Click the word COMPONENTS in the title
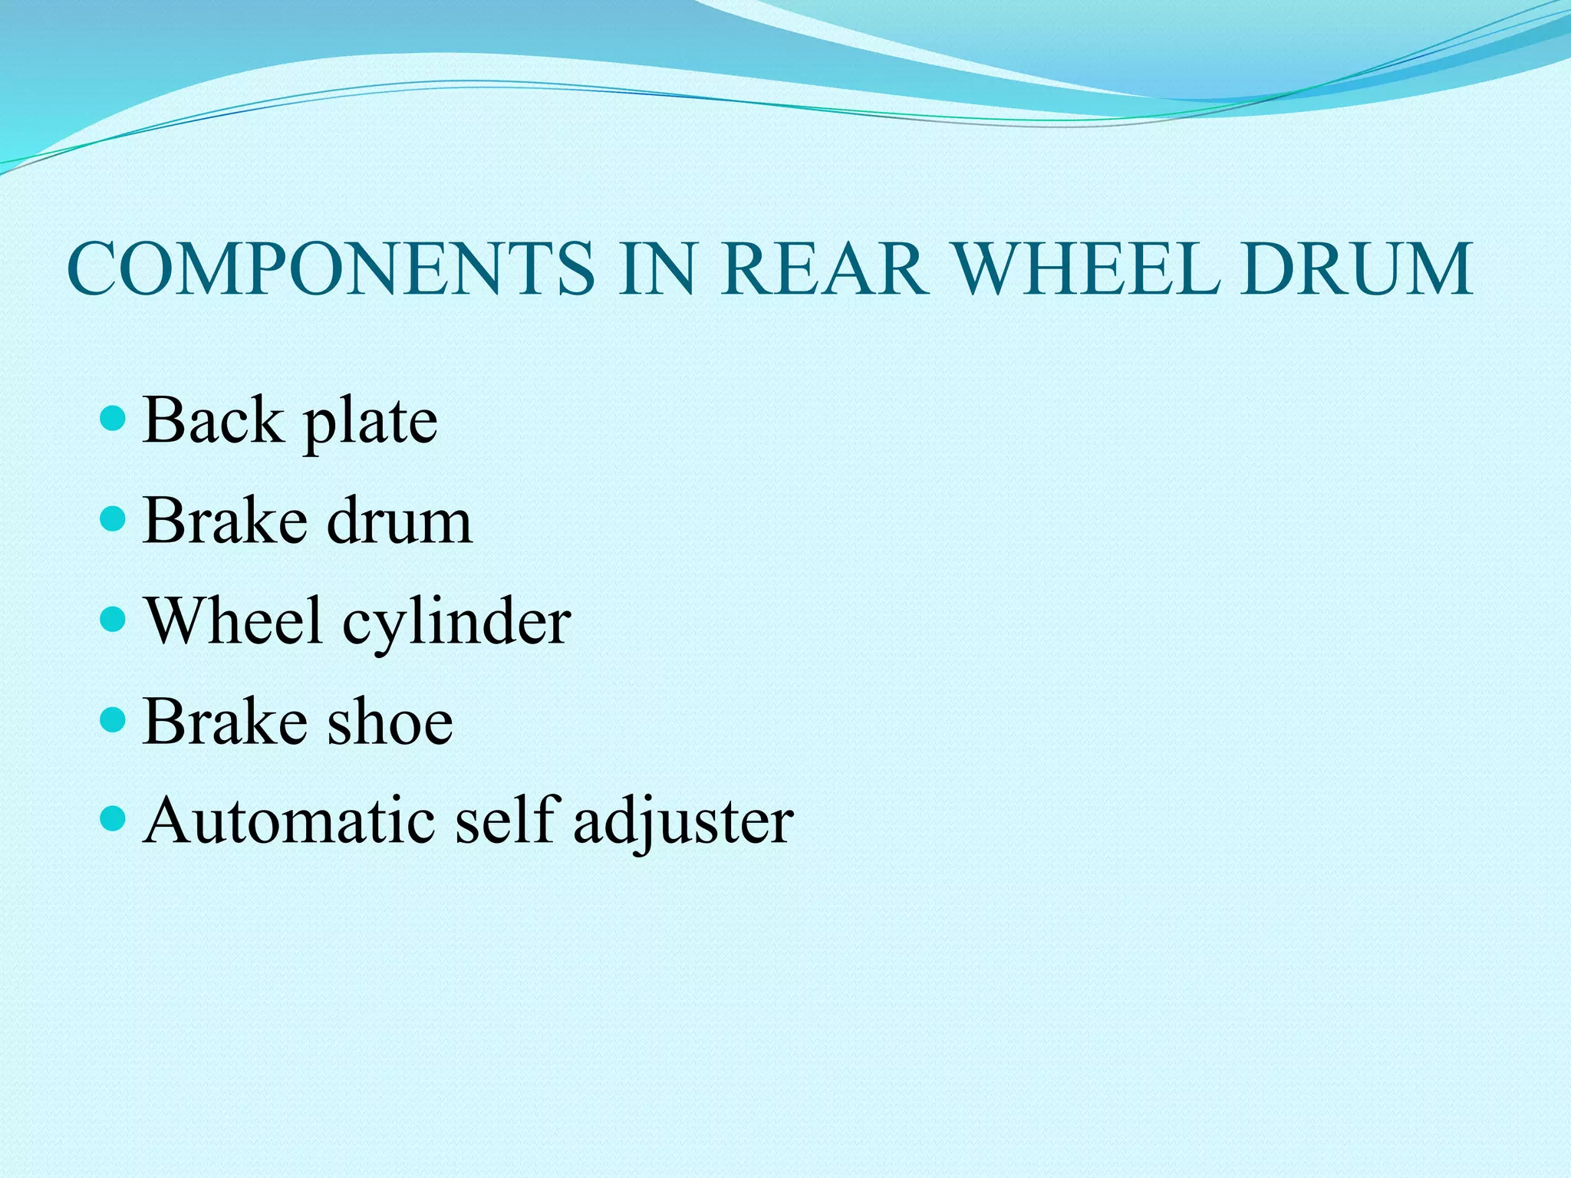click(x=331, y=268)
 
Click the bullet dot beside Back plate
click(x=113, y=419)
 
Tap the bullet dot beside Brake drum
click(x=113, y=519)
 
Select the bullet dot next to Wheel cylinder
click(x=113, y=619)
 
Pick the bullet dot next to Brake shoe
click(x=113, y=719)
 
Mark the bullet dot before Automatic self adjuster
click(x=113, y=819)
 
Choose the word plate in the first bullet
click(x=371, y=423)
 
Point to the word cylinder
click(x=456, y=623)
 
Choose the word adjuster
click(x=683, y=824)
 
